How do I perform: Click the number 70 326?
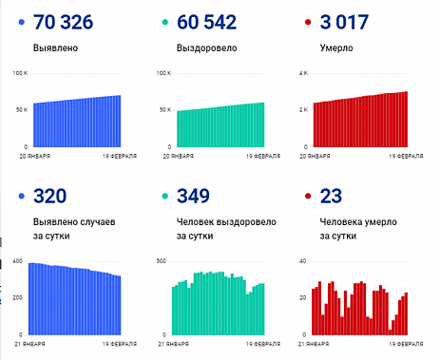click(x=71, y=22)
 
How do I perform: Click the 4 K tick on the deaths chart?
click(x=304, y=73)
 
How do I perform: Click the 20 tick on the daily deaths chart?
click(x=303, y=297)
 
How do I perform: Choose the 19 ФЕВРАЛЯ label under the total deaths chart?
click(x=388, y=154)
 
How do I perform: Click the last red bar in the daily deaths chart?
click(x=406, y=313)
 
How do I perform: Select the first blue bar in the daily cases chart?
click(x=30, y=298)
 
